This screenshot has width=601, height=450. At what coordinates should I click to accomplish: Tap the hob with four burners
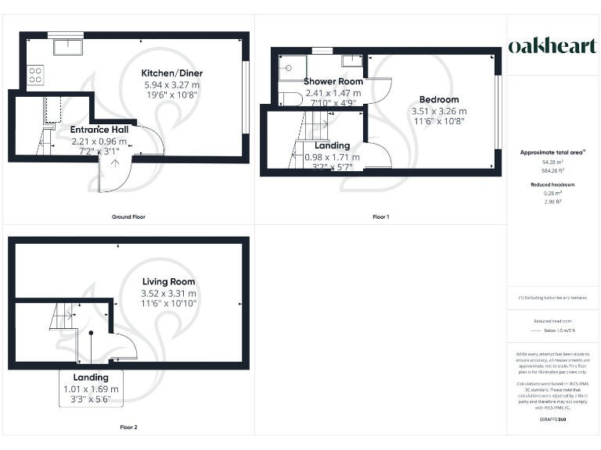[35, 74]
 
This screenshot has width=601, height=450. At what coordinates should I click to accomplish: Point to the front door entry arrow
[116, 164]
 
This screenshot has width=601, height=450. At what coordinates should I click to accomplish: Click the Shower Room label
[334, 81]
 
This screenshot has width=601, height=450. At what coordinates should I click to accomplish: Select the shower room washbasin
[352, 60]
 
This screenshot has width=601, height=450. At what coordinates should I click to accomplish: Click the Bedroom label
[439, 99]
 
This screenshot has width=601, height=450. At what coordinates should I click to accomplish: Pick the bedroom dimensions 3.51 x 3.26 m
[439, 111]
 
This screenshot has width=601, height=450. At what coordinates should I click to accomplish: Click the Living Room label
[169, 281]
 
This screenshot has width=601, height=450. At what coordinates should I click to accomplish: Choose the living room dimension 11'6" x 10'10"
[169, 303]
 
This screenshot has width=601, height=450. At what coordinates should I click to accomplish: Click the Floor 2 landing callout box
[92, 388]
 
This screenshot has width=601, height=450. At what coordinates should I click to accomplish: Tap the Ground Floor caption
[129, 216]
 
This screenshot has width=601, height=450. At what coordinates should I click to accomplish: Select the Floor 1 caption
[380, 216]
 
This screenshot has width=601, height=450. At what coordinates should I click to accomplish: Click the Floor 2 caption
[129, 427]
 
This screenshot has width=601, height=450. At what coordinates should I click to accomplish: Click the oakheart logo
[553, 46]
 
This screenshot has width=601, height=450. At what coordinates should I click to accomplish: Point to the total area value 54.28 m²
[553, 162]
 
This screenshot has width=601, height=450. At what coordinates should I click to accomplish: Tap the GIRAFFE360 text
[553, 420]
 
